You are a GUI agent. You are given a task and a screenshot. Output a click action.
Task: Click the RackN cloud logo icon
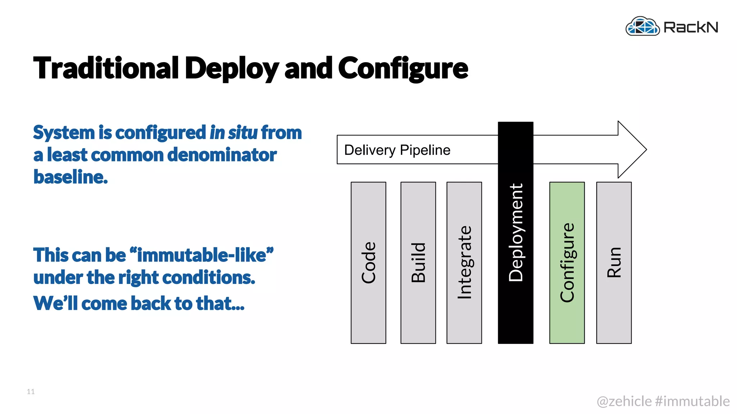pos(642,26)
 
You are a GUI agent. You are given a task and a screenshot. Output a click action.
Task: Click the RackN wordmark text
pos(691,27)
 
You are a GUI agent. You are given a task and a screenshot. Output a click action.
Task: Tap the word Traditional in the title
pos(106,68)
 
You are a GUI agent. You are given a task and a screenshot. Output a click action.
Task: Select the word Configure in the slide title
pos(403,68)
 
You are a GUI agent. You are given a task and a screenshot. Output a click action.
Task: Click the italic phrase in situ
pos(234,132)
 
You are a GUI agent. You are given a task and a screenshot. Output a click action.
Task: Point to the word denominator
pos(222,155)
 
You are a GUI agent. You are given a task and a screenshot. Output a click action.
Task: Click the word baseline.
pos(71,177)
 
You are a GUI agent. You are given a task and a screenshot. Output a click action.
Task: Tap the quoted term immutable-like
pos(202,255)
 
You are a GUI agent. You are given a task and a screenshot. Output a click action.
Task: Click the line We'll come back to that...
pos(139,303)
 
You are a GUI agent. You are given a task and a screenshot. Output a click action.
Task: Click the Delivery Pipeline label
pos(397,150)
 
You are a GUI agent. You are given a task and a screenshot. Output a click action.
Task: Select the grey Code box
pos(368,263)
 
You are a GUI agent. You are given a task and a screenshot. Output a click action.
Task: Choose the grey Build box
pos(418,263)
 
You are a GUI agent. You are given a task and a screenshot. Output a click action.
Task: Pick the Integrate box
pos(464,263)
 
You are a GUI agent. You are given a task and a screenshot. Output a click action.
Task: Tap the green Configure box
pos(567,263)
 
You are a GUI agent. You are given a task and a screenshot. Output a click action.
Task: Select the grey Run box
pos(614,263)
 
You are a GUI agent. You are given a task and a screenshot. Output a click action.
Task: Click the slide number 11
pos(31,392)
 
